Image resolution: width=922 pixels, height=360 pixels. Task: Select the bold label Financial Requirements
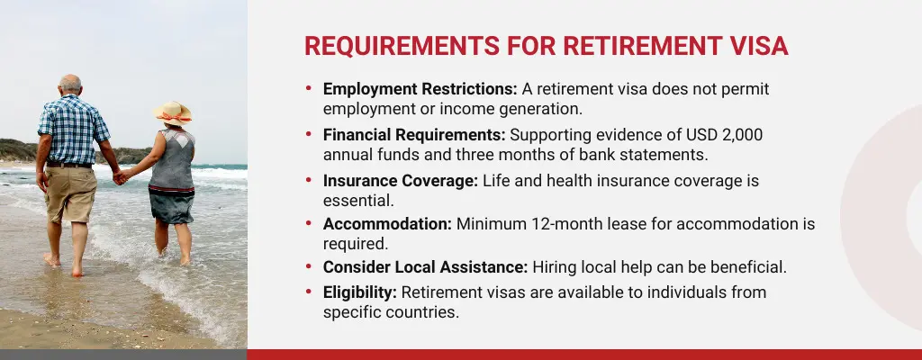414,135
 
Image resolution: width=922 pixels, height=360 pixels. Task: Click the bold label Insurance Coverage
401,180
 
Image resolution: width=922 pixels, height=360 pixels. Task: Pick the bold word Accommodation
387,224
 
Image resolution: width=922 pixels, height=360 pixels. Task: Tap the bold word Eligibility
360,292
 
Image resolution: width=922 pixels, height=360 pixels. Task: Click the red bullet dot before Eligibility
309,292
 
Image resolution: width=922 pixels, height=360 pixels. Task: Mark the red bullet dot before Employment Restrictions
309,90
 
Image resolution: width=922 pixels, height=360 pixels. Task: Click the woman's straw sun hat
172,112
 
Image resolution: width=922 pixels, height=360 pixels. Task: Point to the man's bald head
70,84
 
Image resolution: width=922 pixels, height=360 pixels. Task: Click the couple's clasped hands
119,177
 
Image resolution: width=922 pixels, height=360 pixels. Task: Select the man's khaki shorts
70,193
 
